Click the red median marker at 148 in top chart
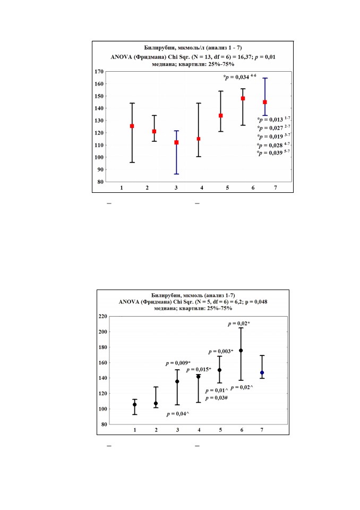pyautogui.click(x=243, y=98)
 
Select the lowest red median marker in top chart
pyautogui.click(x=177, y=142)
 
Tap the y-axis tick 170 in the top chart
pyautogui.click(x=99, y=72)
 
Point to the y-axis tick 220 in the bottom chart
pyautogui.click(x=103, y=316)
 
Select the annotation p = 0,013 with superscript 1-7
pyautogui.click(x=273, y=120)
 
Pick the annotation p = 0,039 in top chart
pyautogui.click(x=273, y=153)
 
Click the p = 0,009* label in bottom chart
pyautogui.click(x=178, y=363)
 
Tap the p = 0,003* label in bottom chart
pyautogui.click(x=221, y=352)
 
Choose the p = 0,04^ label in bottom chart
pyautogui.click(x=178, y=414)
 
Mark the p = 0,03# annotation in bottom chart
pyautogui.click(x=216, y=398)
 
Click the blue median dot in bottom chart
pyautogui.click(x=262, y=373)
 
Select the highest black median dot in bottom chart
pyautogui.click(x=241, y=351)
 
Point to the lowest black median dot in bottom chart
pyautogui.click(x=135, y=405)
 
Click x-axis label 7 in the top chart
pyautogui.click(x=276, y=188)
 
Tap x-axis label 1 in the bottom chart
pyautogui.click(x=135, y=430)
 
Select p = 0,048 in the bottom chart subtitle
pyautogui.click(x=256, y=302)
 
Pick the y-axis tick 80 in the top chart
pyautogui.click(x=100, y=182)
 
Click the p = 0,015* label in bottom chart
pyautogui.click(x=199, y=370)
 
